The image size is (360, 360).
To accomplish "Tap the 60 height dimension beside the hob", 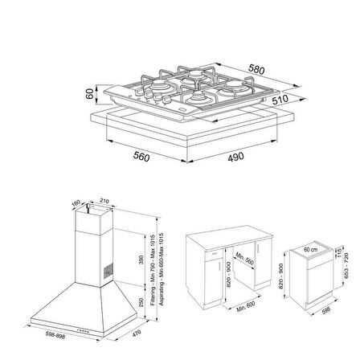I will pos(90,95).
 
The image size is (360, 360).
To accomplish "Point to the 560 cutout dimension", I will pos(142,157).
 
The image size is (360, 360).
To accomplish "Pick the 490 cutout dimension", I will pos(235,157).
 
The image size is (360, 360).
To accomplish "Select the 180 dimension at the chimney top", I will pos(78,206).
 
